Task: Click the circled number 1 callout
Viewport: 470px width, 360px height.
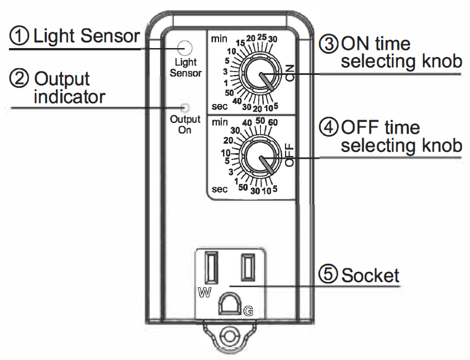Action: point(20,37)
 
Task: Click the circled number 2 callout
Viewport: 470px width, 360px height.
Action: point(20,79)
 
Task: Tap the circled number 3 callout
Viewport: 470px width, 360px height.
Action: point(329,44)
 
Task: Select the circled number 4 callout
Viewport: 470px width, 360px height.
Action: point(329,128)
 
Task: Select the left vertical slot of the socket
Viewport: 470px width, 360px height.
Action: point(212,268)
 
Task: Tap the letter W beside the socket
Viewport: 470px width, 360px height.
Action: point(203,292)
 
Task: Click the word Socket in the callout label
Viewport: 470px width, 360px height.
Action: point(371,276)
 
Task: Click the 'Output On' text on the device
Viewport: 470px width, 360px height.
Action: point(185,125)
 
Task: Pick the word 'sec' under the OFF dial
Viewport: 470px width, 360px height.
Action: point(220,190)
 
